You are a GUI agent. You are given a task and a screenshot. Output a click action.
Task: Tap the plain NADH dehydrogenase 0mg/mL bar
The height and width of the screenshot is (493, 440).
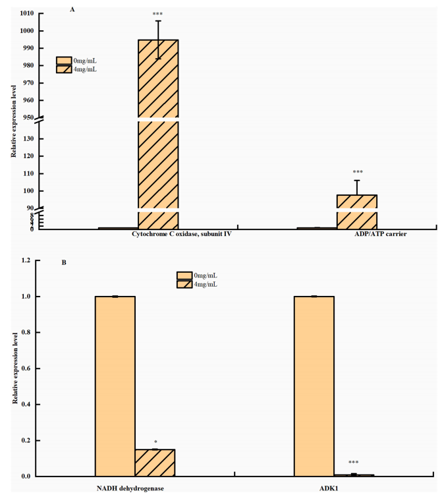[115, 386]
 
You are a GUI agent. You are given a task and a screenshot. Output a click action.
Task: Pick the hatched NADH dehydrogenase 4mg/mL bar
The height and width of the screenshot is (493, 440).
[155, 462]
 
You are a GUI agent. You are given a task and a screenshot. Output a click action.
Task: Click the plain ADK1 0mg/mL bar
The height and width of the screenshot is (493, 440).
[314, 386]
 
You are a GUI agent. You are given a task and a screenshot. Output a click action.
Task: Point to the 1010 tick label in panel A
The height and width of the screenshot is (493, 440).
[27, 13]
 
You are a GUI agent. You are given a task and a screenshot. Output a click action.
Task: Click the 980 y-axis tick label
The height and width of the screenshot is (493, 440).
[29, 66]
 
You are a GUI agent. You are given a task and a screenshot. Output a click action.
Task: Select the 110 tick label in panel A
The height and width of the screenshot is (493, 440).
[29, 173]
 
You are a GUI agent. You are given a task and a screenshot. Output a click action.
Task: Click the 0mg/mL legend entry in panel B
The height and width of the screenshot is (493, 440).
[204, 275]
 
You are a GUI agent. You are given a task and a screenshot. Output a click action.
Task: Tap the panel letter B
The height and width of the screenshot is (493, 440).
[64, 262]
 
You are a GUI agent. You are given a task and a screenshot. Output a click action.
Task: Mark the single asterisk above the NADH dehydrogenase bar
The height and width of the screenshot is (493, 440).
[155, 441]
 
